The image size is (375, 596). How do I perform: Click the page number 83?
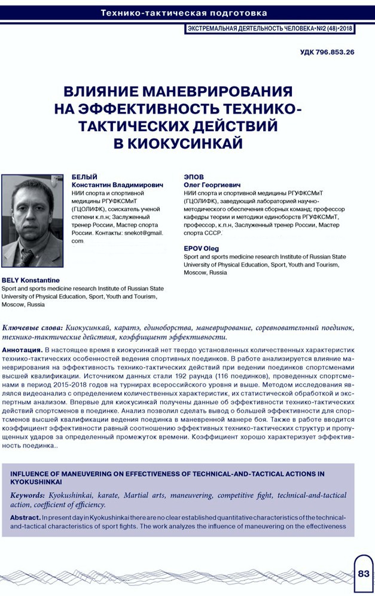(x=364, y=573)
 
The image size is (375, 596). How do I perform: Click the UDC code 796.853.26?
(x=327, y=53)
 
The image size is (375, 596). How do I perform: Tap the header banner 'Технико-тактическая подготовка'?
(x=184, y=13)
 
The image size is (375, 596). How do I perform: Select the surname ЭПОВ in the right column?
(x=193, y=178)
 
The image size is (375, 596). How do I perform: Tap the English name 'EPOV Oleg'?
(x=202, y=248)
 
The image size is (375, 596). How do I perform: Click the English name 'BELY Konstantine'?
(x=29, y=280)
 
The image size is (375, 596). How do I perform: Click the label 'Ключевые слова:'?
(x=32, y=328)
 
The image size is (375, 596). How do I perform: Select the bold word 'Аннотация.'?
(x=23, y=349)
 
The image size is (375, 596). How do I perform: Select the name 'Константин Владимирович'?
(x=117, y=186)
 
